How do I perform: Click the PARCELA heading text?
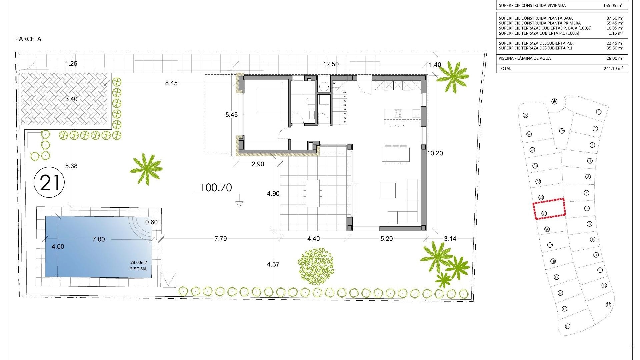pyautogui.click(x=28, y=39)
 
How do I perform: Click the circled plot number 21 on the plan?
pyautogui.click(x=49, y=183)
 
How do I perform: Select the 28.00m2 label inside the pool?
pyautogui.click(x=138, y=263)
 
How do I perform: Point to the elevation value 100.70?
pyautogui.click(x=216, y=188)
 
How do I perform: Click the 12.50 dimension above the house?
pyautogui.click(x=331, y=64)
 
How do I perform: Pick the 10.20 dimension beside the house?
pyautogui.click(x=435, y=153)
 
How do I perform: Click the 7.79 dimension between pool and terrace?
pyautogui.click(x=221, y=239)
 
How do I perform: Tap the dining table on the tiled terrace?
pyautogui.click(x=313, y=193)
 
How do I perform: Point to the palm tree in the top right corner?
pyautogui.click(x=452, y=77)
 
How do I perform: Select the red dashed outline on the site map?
pyautogui.click(x=549, y=209)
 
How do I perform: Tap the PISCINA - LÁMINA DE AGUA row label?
pyautogui.click(x=525, y=58)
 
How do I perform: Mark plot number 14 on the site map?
pyautogui.click(x=568, y=326)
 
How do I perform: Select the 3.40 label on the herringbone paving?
pyautogui.click(x=71, y=99)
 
